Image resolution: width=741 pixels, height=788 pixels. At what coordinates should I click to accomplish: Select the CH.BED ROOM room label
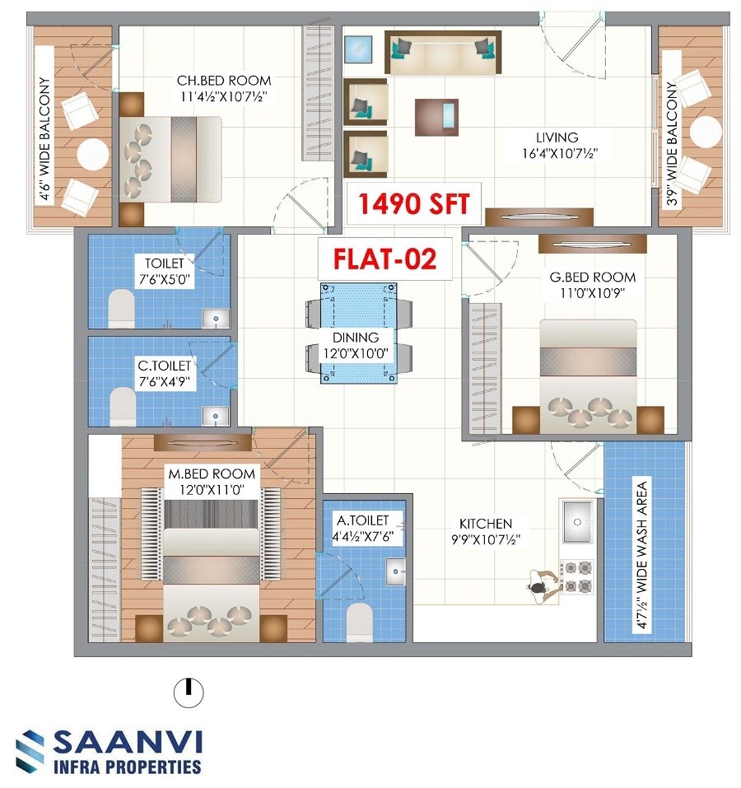coord(224,81)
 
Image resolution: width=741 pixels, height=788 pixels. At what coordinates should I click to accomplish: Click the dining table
coord(357,333)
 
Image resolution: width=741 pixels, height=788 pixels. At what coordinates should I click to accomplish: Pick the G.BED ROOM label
coord(593,277)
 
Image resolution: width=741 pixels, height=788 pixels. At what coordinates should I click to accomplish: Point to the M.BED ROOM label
coord(212,474)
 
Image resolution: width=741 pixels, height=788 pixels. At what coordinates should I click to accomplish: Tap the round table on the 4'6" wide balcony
coord(92,153)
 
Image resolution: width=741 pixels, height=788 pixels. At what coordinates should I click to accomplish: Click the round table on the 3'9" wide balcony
coord(706,132)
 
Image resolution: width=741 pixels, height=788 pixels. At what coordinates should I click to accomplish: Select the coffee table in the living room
coord(436,115)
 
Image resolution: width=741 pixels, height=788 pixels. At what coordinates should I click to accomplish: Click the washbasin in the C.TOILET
coord(217,415)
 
